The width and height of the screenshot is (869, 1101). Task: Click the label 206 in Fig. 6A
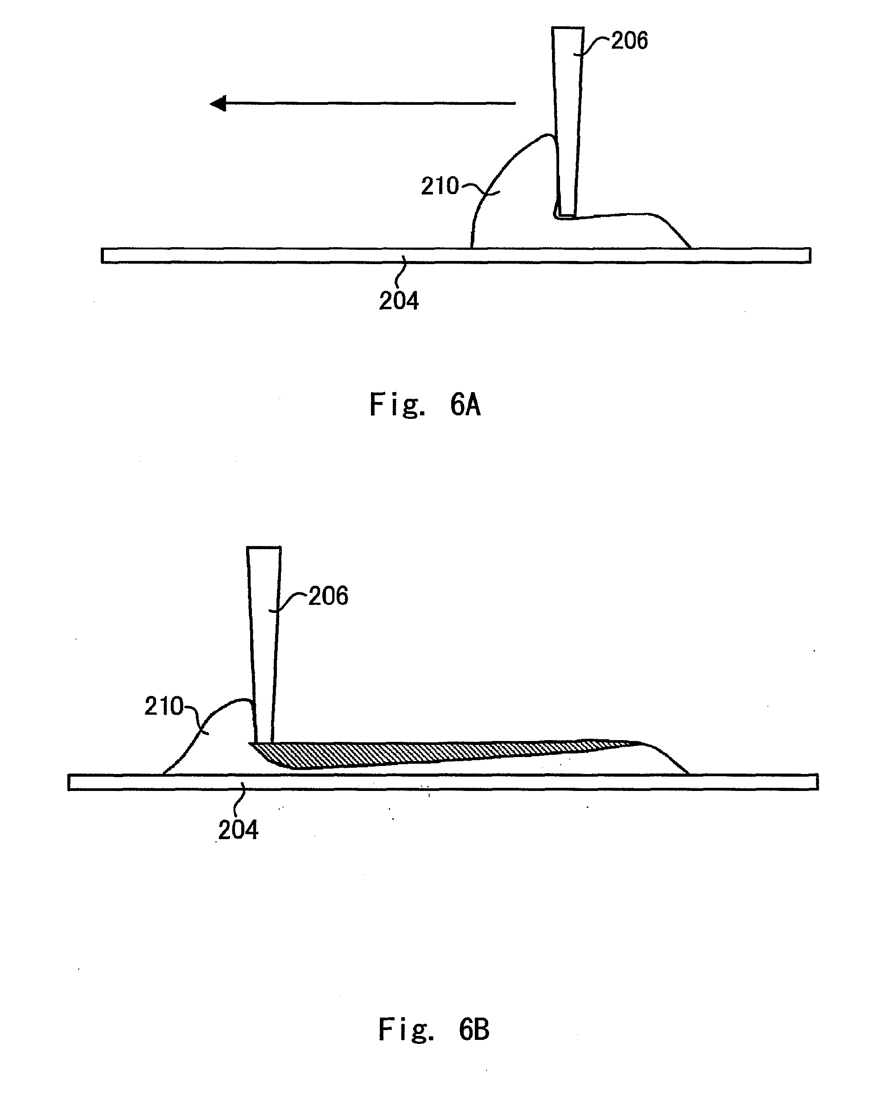(630, 41)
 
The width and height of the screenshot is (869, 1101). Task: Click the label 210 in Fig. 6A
(440, 186)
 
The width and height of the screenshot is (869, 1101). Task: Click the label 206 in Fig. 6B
(328, 596)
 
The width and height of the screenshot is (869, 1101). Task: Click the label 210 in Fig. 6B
(163, 707)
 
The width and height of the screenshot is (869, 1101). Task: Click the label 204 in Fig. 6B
(238, 830)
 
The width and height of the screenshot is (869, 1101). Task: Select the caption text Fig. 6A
(425, 405)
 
